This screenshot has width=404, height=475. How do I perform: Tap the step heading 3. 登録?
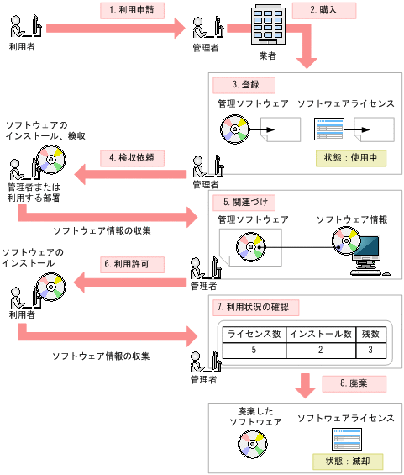245,86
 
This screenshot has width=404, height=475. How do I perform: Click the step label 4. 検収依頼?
131,156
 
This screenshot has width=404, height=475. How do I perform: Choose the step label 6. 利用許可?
131,262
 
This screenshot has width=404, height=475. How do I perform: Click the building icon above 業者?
268,25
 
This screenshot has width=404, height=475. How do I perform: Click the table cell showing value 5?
254,350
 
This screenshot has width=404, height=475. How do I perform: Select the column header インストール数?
320,334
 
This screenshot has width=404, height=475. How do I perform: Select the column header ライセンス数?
254,334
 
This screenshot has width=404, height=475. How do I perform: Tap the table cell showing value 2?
320,350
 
